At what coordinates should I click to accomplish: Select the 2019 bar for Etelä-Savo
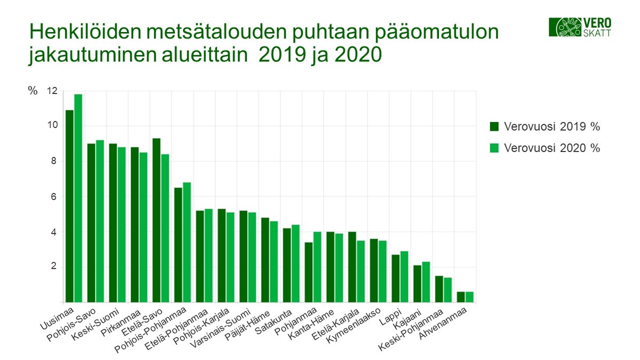156,220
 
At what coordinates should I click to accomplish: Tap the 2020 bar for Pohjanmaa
317,267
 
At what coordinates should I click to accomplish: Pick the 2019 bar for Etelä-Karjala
352,267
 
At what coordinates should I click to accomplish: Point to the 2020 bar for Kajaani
426,282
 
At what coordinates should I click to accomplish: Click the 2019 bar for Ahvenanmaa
461,297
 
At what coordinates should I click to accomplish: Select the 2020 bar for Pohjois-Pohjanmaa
187,242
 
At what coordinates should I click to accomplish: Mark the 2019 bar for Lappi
395,278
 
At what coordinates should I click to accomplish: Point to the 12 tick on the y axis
51,91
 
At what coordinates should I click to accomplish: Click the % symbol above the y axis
33,91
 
